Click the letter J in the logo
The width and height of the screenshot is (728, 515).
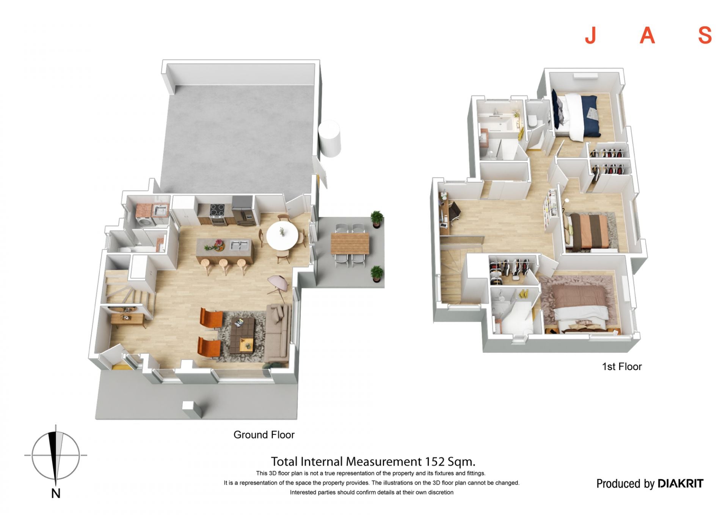tap(591, 35)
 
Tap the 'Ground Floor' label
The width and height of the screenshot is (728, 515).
tap(264, 435)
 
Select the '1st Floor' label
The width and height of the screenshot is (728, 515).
tap(622, 367)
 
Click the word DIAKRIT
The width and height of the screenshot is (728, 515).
tap(681, 484)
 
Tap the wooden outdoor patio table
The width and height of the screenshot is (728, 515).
tap(350, 243)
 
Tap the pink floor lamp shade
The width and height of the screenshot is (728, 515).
tap(278, 282)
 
